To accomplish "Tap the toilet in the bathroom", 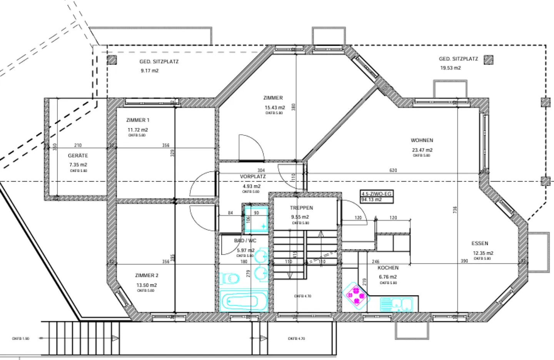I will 230,278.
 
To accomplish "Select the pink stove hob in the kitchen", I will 356,295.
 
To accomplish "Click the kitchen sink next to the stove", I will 396,304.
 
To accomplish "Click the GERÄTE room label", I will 78,156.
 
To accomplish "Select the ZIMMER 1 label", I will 138,120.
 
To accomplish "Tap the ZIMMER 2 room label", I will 147,276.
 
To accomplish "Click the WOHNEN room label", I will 422,141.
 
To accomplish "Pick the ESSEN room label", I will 480,243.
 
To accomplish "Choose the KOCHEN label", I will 388,268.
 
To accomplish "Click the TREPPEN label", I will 301,208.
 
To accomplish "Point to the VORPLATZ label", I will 253,177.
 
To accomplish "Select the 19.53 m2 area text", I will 451,68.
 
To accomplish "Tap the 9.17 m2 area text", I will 150,71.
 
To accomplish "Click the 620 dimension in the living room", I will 393,170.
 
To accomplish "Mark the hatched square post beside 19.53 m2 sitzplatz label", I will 489,60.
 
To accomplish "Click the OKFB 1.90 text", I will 20,339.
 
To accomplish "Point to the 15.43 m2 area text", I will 275,108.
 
